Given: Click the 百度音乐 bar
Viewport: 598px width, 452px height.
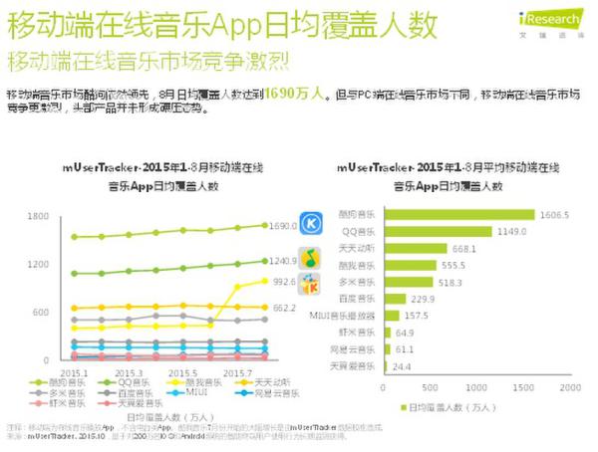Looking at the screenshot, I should pyautogui.click(x=392, y=299).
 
